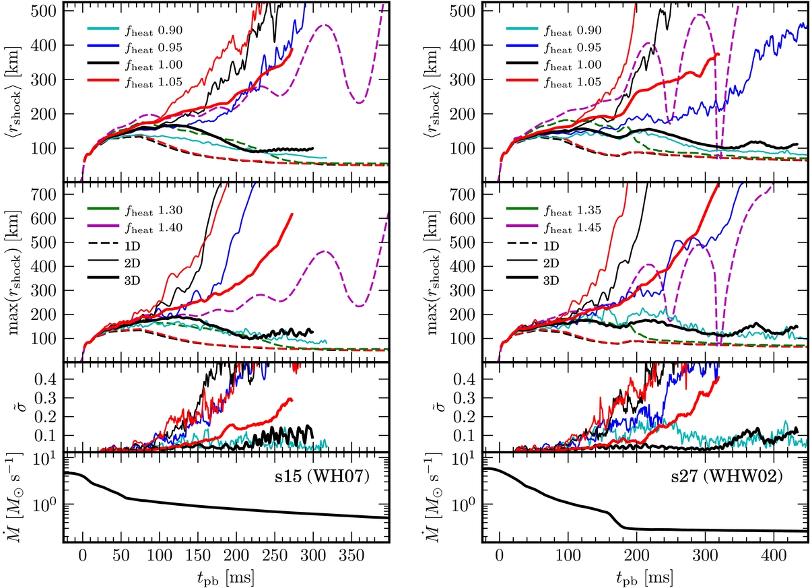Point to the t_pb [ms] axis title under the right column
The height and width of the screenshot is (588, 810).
coord(643,577)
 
